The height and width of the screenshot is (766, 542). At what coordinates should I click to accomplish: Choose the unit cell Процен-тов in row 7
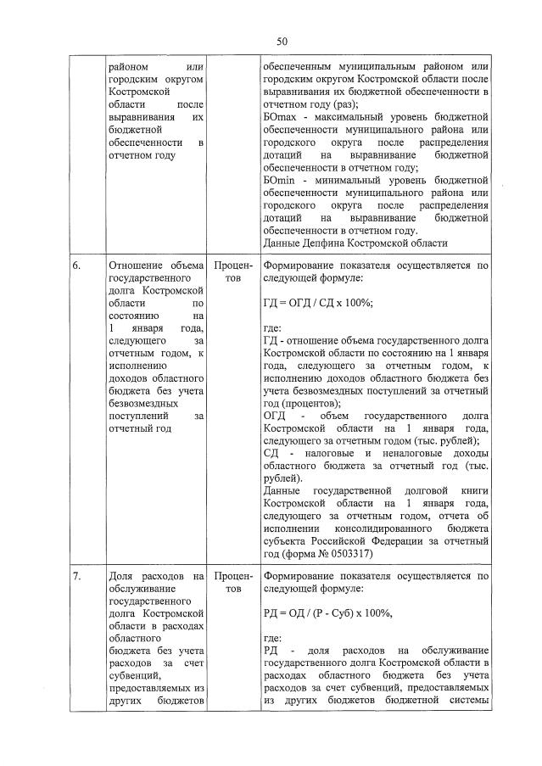[228, 584]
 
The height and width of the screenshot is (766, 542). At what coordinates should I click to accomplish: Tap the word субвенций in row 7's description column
[137, 676]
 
